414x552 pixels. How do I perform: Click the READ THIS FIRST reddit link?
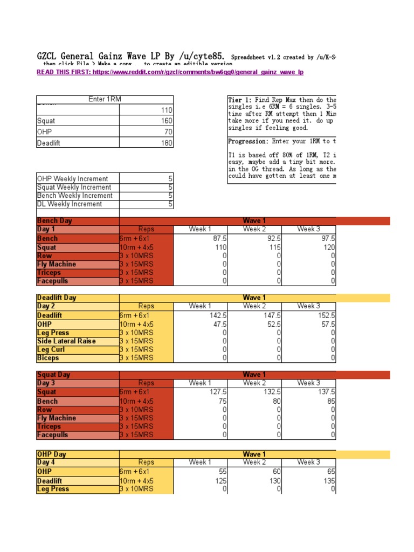pos(170,72)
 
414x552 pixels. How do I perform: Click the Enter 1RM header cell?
pos(105,99)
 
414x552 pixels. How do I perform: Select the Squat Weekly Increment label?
pos(73,188)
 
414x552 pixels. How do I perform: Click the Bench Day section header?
pos(54,221)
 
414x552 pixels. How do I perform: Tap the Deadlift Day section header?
pos(57,298)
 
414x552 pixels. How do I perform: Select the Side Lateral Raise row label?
pos(66,341)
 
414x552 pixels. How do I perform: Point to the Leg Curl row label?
pos(51,350)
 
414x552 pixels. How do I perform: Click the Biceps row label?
pos(48,358)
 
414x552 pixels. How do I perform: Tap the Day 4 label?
pos(46,462)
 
